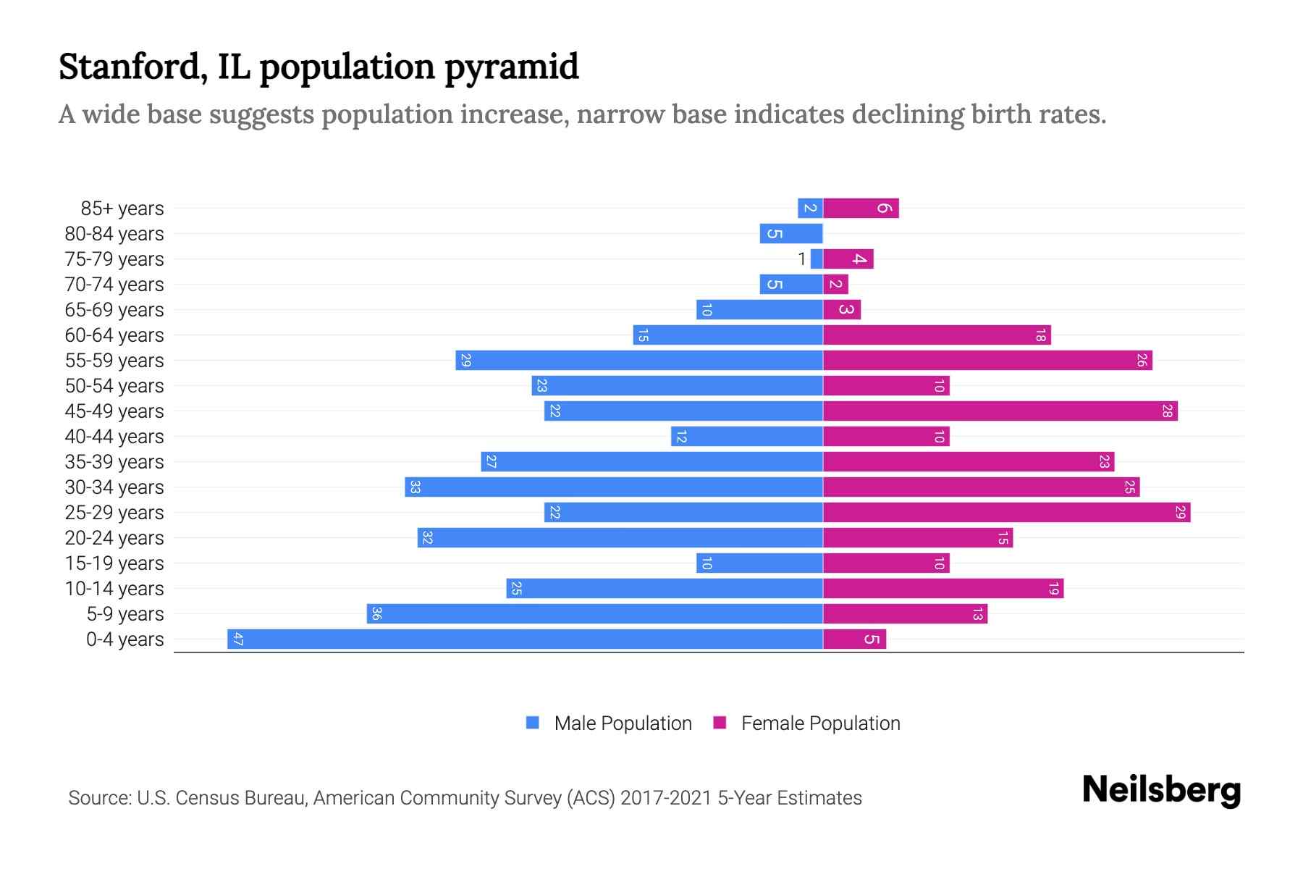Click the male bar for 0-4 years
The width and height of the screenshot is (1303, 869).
click(525, 639)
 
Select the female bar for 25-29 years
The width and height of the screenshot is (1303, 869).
click(1006, 513)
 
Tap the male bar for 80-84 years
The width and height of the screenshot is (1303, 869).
click(791, 234)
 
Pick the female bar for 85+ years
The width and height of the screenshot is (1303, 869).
click(861, 209)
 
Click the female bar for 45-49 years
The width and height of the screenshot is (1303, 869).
click(1000, 411)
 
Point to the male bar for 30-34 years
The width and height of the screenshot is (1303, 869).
click(614, 487)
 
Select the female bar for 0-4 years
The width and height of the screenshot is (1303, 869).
click(854, 639)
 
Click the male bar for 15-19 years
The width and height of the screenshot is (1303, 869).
click(759, 563)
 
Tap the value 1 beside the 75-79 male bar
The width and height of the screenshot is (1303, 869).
click(801, 259)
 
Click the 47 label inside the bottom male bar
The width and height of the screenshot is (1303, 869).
click(237, 639)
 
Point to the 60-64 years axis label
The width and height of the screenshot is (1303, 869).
click(114, 335)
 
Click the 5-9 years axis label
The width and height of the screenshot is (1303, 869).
click(125, 614)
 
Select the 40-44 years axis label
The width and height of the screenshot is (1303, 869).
click(114, 437)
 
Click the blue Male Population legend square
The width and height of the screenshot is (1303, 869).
click(533, 723)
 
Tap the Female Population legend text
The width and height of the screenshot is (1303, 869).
click(820, 723)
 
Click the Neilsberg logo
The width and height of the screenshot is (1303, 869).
click(1161, 790)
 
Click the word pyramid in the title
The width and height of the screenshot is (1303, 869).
click(511, 67)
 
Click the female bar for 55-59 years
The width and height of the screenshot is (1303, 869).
click(987, 361)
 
